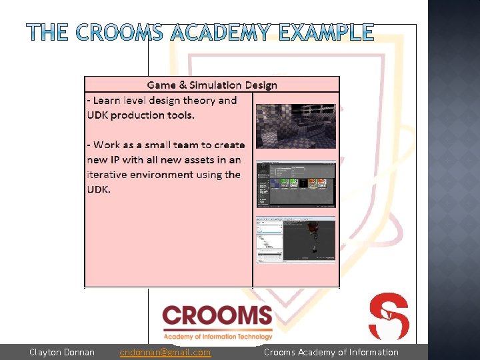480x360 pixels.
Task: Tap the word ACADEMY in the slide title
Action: [221, 32]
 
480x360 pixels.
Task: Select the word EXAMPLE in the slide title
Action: [326, 32]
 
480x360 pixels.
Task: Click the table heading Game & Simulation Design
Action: [212, 85]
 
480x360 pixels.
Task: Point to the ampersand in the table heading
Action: [183, 85]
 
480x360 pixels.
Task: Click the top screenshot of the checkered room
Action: [295, 125]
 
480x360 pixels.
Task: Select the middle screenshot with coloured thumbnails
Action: [295, 185]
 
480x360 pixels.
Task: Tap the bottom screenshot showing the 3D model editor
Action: [295, 239]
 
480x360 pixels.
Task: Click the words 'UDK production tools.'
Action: [141, 115]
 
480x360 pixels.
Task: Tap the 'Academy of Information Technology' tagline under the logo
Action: [218, 337]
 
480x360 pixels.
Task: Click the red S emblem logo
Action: [389, 316]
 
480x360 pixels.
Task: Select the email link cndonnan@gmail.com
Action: [165, 352]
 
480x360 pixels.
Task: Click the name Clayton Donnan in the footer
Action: [62, 352]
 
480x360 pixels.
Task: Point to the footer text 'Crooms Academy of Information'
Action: [331, 352]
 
